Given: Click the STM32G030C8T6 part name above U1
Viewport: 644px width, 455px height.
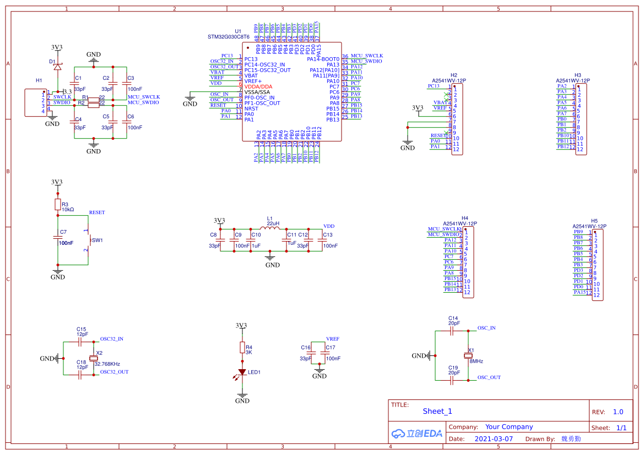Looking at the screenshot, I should pyautogui.click(x=228, y=37).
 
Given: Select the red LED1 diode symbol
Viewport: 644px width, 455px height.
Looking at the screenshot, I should pyautogui.click(x=242, y=372).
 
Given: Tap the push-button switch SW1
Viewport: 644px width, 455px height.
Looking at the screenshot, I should pyautogui.click(x=88, y=240).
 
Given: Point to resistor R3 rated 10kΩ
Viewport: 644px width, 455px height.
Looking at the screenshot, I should pyautogui.click(x=57, y=205).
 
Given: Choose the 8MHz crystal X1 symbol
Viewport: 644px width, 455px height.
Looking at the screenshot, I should pyautogui.click(x=468, y=356).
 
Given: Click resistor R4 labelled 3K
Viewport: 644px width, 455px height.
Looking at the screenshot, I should pyautogui.click(x=242, y=347).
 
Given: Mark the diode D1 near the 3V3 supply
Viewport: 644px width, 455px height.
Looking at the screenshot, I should pyautogui.click(x=57, y=66).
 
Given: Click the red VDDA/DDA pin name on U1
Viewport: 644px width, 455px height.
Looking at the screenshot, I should pyautogui.click(x=258, y=86).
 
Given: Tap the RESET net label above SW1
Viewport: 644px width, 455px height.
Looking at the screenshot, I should pyautogui.click(x=97, y=212).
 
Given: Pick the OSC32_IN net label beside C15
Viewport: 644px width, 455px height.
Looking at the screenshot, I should pyautogui.click(x=111, y=339).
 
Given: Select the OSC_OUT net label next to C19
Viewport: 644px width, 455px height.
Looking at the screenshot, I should pyautogui.click(x=489, y=377).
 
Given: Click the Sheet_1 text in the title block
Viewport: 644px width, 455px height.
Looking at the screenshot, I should pyautogui.click(x=437, y=411).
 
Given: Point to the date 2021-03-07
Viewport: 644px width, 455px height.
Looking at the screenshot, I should pyautogui.click(x=493, y=439).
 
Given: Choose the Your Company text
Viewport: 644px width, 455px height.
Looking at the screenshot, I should pyautogui.click(x=509, y=426).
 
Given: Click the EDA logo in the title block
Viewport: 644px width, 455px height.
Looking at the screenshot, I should pyautogui.click(x=417, y=434).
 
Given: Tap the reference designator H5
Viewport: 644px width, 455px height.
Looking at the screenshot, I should pyautogui.click(x=594, y=221).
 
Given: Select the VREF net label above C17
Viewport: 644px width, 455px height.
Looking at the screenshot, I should pyautogui.click(x=333, y=339).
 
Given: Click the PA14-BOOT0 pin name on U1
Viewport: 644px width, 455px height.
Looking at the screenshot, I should pyautogui.click(x=323, y=59).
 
